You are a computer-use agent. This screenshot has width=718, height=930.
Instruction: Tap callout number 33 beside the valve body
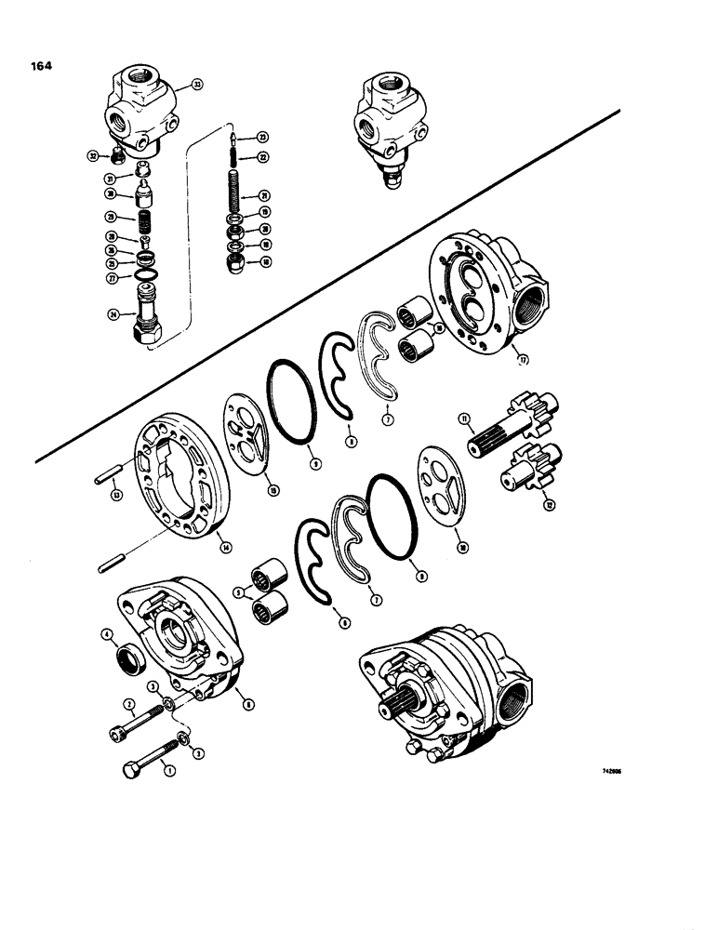click(197, 85)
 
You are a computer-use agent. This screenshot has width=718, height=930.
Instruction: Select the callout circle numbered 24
click(113, 314)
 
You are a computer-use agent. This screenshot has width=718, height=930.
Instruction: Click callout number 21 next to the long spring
click(263, 195)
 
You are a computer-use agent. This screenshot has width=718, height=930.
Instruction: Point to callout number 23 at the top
click(263, 137)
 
